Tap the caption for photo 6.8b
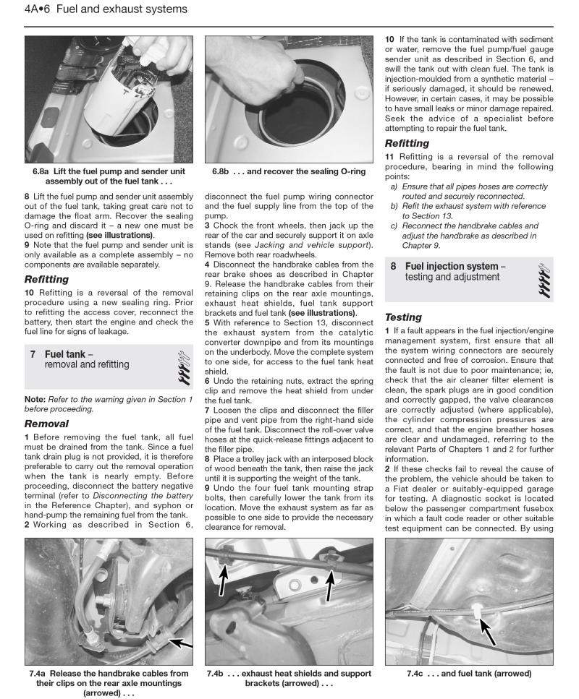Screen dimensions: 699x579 (288, 171)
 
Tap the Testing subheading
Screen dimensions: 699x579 (404, 317)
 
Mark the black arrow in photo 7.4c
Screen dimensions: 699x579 (489, 635)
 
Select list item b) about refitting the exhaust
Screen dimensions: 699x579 (468, 210)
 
